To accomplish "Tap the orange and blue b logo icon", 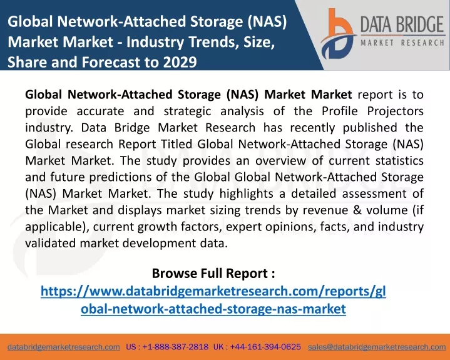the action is tap(338, 34).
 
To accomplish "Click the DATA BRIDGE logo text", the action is tap(402, 24).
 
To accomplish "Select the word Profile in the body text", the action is tap(339, 111).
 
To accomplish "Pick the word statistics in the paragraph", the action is tap(399, 160).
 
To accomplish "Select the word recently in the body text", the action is tap(312, 128).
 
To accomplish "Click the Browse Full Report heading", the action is tap(213, 274).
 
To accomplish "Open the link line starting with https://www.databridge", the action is tap(213, 291).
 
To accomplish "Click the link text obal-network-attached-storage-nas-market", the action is tap(213, 309).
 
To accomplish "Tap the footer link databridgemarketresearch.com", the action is tap(64, 347).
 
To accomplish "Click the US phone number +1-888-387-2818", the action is tap(175, 347).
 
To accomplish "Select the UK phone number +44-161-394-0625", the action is tap(265, 347).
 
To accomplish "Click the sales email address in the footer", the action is tap(377, 347).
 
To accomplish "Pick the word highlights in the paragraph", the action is tap(246, 194).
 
